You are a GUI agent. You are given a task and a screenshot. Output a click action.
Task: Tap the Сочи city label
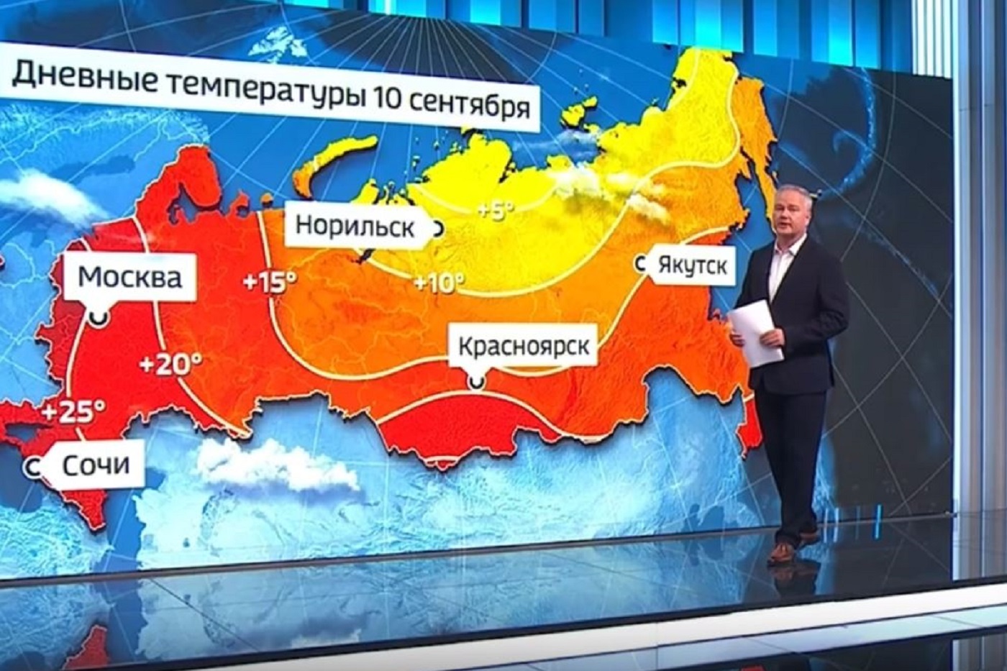coord(96,465)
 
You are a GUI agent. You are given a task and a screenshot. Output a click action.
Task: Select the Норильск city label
coord(355,227)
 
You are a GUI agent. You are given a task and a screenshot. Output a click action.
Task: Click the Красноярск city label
coord(524,347)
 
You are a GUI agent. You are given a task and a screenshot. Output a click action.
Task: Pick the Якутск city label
coord(691,266)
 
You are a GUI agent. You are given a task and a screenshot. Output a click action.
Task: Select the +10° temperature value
coord(439,283)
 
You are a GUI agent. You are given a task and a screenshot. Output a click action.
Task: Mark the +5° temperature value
coord(496,210)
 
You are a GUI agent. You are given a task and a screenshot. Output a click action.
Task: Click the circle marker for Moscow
coord(99,317)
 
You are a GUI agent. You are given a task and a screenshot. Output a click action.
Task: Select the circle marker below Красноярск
coord(475,382)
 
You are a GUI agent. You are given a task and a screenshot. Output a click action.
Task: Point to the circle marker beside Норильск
coord(437,228)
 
